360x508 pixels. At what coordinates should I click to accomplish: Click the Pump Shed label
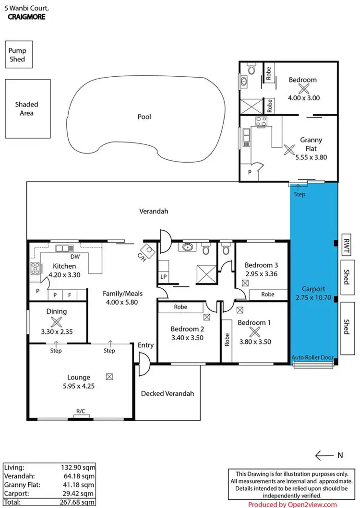point(16,55)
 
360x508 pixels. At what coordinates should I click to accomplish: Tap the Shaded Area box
point(27,108)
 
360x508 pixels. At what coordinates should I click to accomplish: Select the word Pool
point(144,117)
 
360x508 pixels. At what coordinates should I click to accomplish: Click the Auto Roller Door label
point(313,358)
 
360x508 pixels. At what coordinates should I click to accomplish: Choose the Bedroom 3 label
point(261,265)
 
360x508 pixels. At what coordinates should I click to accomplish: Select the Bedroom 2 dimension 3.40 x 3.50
point(188,337)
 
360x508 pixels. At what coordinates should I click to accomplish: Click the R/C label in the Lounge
point(80,411)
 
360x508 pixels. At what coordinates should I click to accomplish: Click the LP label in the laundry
point(163,277)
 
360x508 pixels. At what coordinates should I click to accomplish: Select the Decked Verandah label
point(168,394)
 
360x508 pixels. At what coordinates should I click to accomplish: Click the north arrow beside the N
point(324,455)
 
